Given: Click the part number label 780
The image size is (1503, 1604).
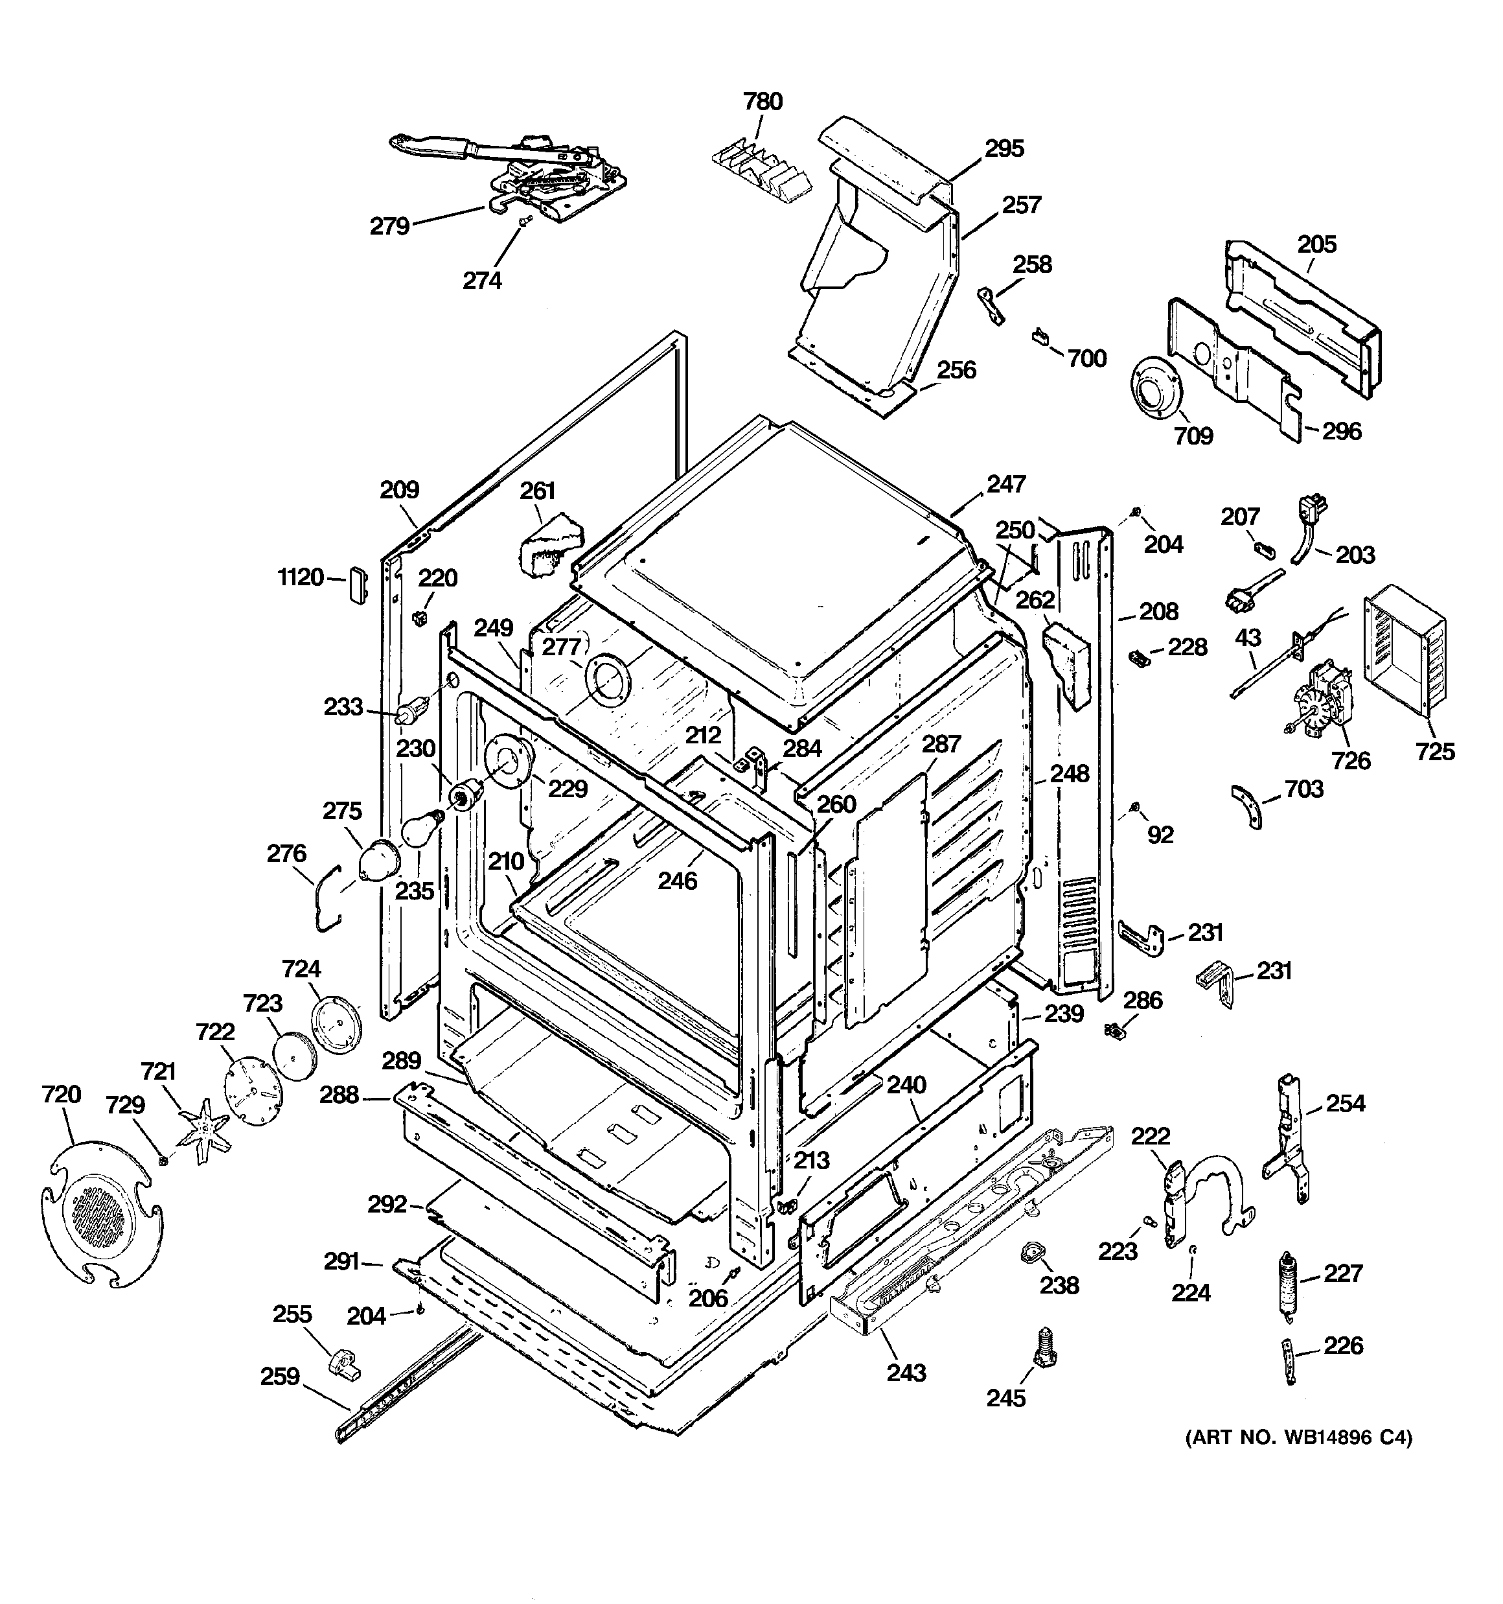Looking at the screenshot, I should point(763,102).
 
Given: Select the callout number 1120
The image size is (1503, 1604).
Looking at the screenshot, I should point(301,577).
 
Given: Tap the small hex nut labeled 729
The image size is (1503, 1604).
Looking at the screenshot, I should point(163,1160).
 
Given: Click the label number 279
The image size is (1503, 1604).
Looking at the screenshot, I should point(389,226).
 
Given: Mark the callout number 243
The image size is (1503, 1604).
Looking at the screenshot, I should point(906,1373).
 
